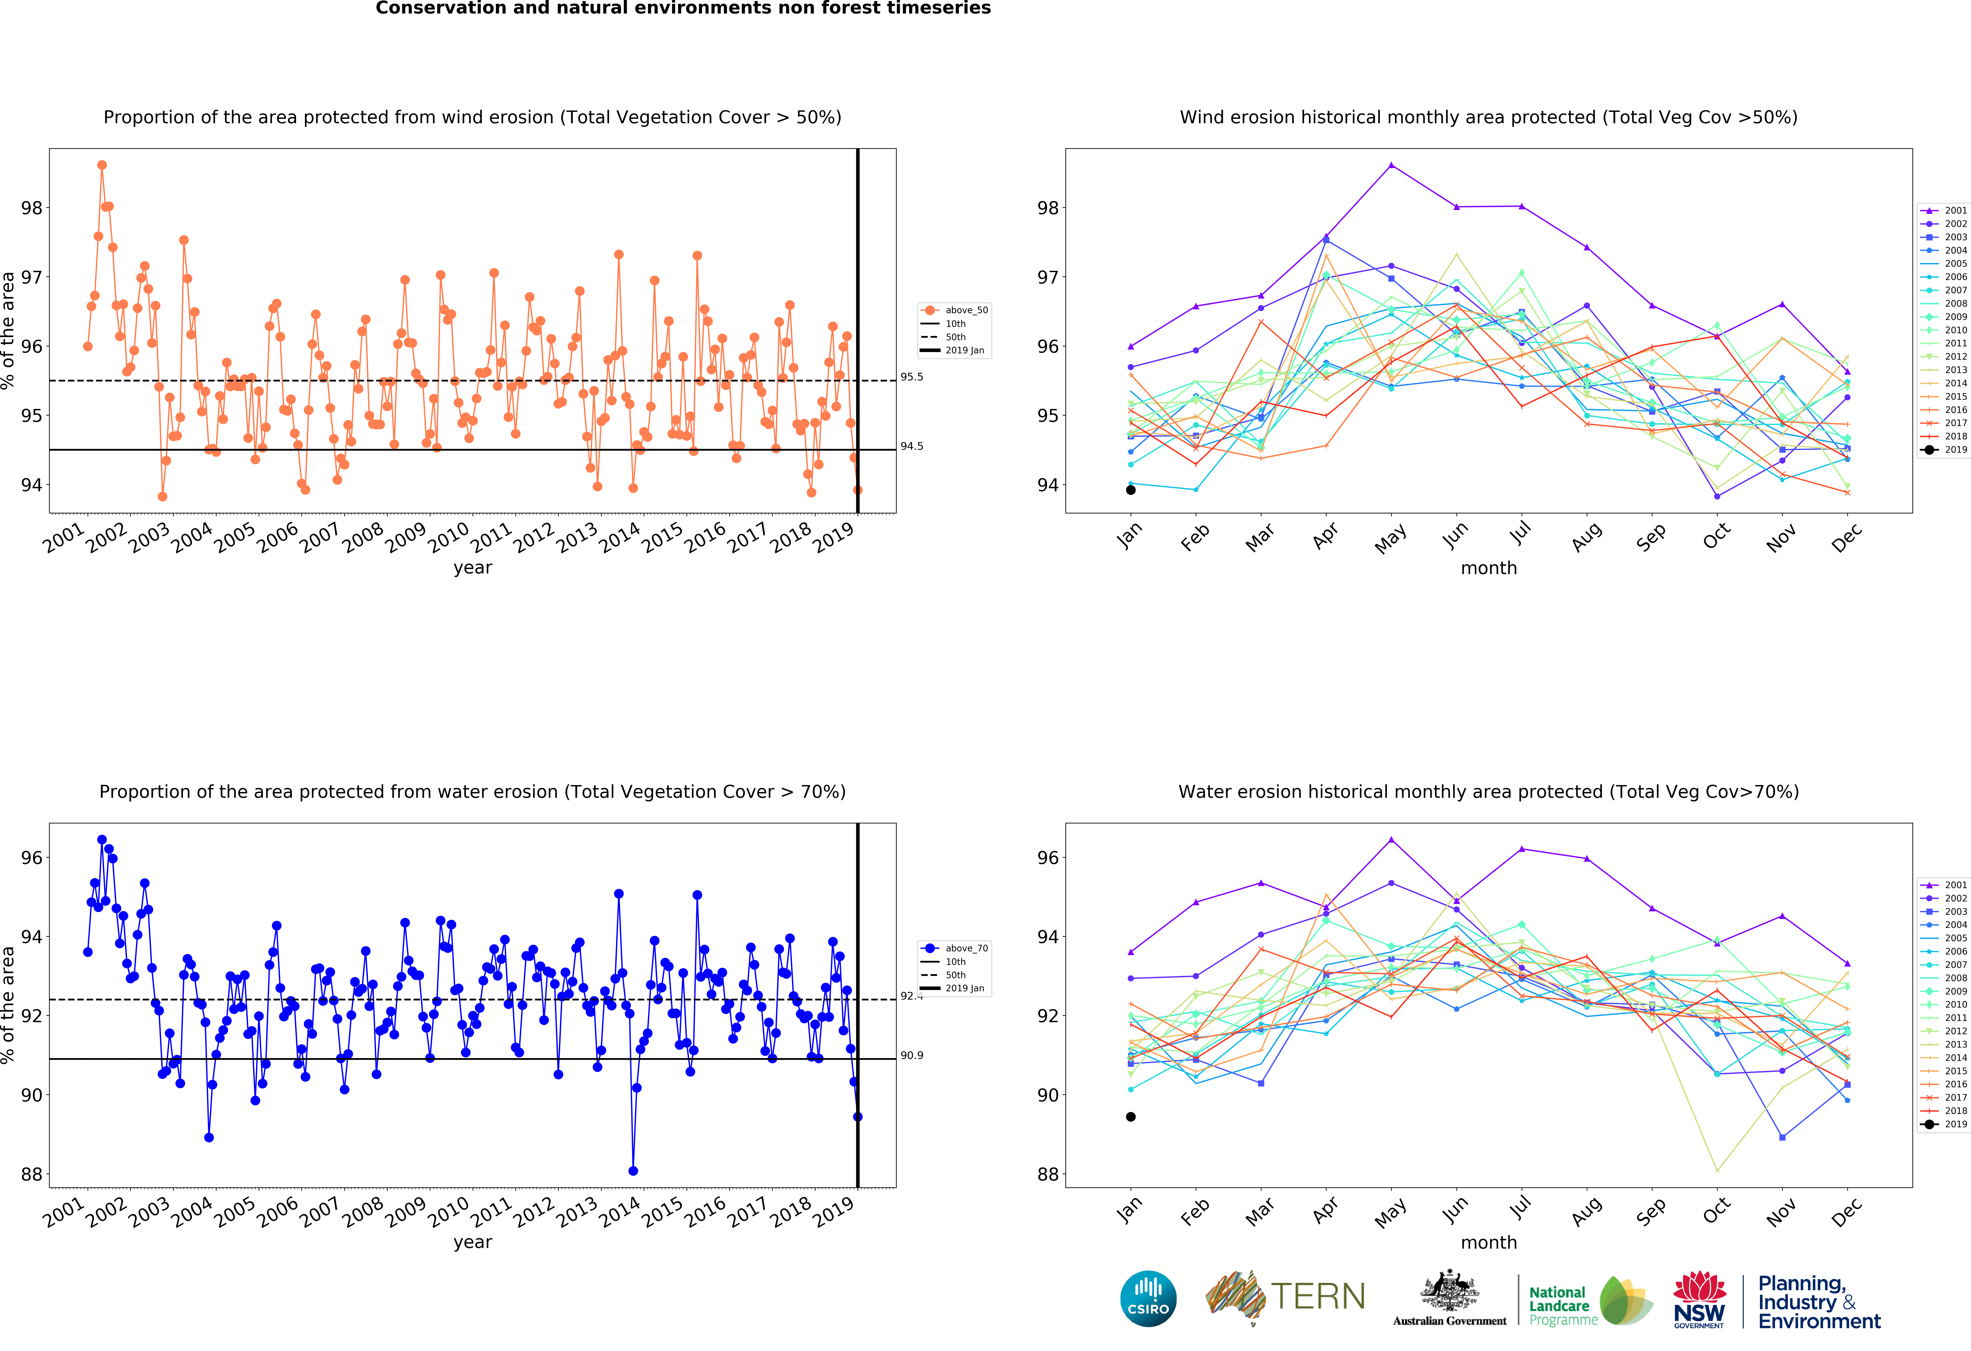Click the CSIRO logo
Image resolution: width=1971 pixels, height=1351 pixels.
pyautogui.click(x=1148, y=1298)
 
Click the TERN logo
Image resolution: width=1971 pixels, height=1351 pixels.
pyautogui.click(x=1285, y=1298)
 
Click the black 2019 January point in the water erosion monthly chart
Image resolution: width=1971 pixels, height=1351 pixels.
pyautogui.click(x=1131, y=1117)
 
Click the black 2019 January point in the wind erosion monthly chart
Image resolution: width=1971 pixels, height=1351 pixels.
pyautogui.click(x=1131, y=490)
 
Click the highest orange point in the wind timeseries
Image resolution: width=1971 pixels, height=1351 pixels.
pyautogui.click(x=102, y=165)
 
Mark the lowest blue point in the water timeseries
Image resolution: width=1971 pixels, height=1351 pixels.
pyautogui.click(x=633, y=1171)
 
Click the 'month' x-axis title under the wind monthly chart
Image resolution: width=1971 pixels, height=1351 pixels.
pyautogui.click(x=1488, y=568)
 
